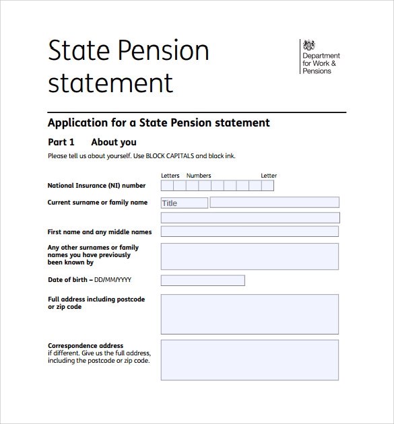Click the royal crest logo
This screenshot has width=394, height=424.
pyautogui.click(x=309, y=46)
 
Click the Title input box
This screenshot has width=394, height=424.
pyautogui.click(x=185, y=203)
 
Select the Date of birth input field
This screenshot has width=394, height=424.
pyautogui.click(x=203, y=280)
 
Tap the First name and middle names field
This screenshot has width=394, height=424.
pyautogui.click(x=249, y=232)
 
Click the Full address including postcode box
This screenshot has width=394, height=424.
pyautogui.click(x=249, y=314)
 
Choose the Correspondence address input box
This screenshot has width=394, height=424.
pyautogui.click(x=249, y=360)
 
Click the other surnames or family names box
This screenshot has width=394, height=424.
pyautogui.click(x=249, y=256)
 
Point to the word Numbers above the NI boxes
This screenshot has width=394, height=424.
pyautogui.click(x=199, y=176)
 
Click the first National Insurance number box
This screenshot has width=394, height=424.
pyautogui.click(x=167, y=186)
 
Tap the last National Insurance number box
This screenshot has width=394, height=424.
pyautogui.click(x=267, y=186)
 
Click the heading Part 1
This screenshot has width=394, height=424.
pyautogui.click(x=61, y=142)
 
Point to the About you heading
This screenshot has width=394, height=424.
pyautogui.click(x=114, y=142)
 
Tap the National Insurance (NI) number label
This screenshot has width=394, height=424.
pyautogui.click(x=96, y=186)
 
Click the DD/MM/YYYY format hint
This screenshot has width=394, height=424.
pyautogui.click(x=112, y=280)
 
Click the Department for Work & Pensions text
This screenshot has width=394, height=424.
pyautogui.click(x=322, y=63)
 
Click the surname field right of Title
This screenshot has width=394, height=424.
pyautogui.click(x=274, y=202)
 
